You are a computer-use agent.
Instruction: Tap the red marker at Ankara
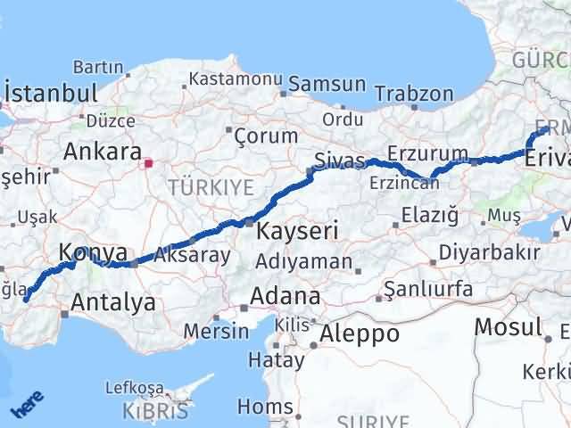coord(149,163)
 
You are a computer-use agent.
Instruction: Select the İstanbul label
coord(51,94)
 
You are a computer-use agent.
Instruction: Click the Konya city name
coord(93,253)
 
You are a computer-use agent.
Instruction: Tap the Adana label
coord(285,295)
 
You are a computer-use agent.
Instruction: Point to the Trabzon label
coord(414,93)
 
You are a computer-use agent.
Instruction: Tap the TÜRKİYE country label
coord(210,186)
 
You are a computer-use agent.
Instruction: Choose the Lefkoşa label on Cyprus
coord(135,388)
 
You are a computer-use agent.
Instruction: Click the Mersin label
coord(216,331)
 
